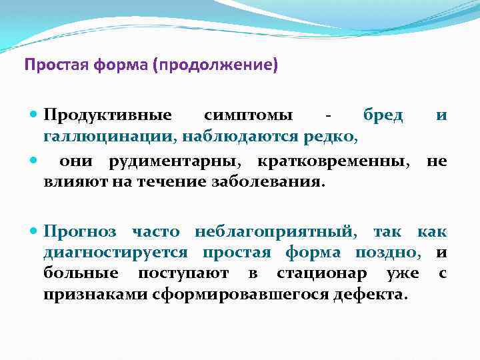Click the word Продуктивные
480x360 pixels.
[x=107, y=116]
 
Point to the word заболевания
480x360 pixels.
[x=275, y=182]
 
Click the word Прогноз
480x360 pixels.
[x=79, y=231]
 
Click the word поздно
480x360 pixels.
[x=393, y=253]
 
